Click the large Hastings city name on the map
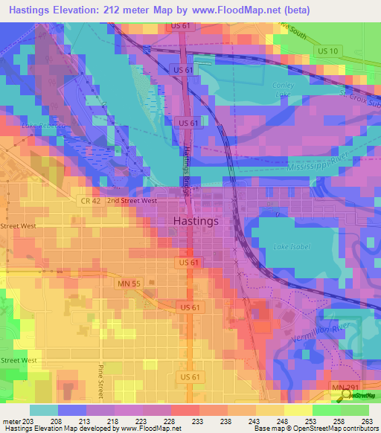coord(195,221)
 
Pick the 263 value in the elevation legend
coord(367,421)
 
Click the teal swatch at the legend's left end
coord(44,410)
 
